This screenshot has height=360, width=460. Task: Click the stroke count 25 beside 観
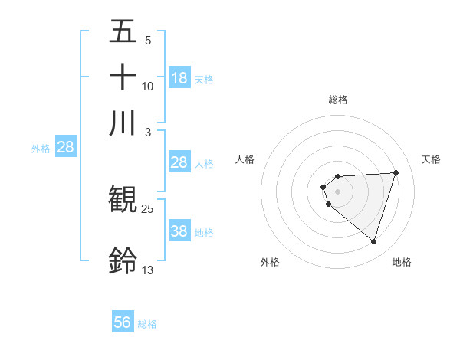[148, 208]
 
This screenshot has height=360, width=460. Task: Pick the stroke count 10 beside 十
[148, 86]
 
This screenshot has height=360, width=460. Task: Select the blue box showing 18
[179, 77]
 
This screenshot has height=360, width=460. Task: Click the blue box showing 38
[179, 231]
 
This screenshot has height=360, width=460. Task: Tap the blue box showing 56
[123, 322]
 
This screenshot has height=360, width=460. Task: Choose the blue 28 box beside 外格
[66, 147]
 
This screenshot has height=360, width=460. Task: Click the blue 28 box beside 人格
[179, 162]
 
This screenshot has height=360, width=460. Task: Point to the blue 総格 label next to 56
[147, 324]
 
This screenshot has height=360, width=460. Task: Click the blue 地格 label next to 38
[204, 233]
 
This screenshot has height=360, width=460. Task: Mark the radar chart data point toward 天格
[396, 172]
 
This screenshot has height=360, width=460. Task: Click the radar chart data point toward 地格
[373, 242]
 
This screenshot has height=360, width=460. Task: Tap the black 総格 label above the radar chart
[337, 100]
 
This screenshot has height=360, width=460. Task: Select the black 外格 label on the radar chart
[270, 262]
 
